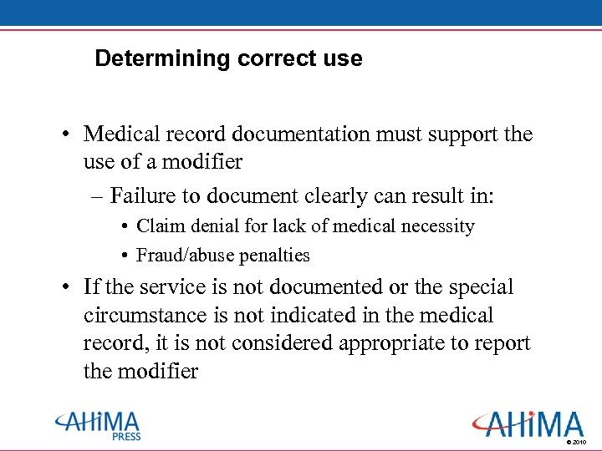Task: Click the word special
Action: pos(480,287)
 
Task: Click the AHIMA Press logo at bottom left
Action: pos(97,425)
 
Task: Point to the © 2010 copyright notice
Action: pos(578,441)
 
